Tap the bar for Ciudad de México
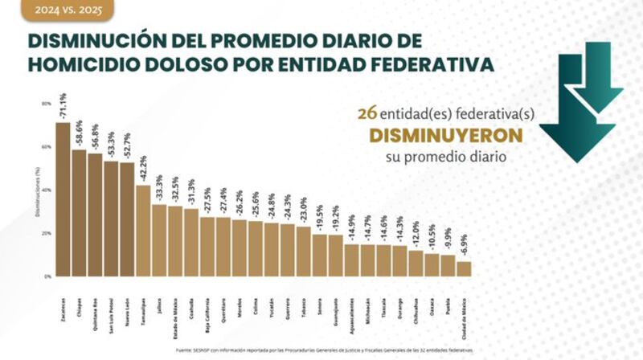coord(464,268)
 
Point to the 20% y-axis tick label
coord(47,233)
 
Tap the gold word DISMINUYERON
coord(436,135)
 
